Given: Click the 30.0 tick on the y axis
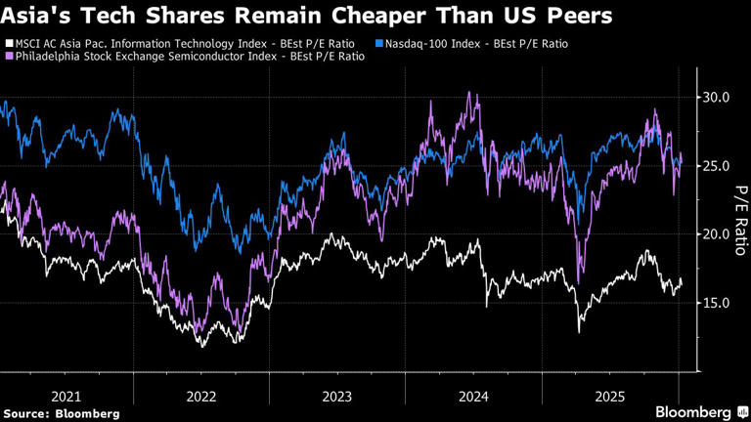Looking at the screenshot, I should [x=717, y=98].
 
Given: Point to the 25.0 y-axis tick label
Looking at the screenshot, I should [x=717, y=166].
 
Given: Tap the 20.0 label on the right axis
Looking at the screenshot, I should [x=717, y=234].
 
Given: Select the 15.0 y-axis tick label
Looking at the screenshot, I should [x=717, y=303].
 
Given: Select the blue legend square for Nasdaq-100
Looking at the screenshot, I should [x=378, y=44].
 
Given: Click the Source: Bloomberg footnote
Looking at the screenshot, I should [x=61, y=414].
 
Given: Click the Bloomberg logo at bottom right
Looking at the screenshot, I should [x=695, y=412].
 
